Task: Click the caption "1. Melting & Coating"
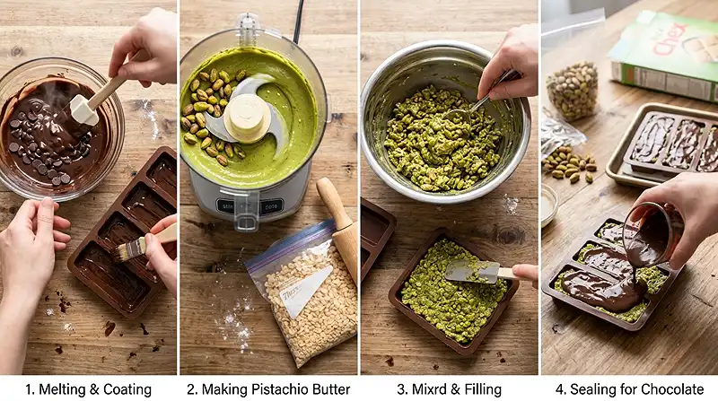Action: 88,388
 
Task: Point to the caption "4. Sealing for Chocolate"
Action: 627,388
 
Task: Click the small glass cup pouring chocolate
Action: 649,235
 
